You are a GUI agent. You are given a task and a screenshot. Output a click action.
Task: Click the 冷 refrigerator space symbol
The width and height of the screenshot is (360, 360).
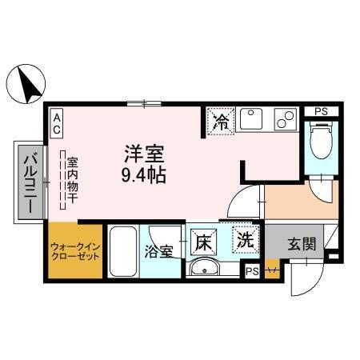220,122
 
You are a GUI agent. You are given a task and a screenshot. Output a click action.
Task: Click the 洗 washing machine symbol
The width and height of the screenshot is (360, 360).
246,238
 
